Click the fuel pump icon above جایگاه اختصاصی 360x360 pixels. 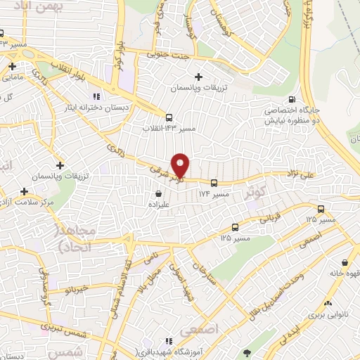[302, 99]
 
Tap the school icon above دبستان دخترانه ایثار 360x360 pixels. [96, 97]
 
